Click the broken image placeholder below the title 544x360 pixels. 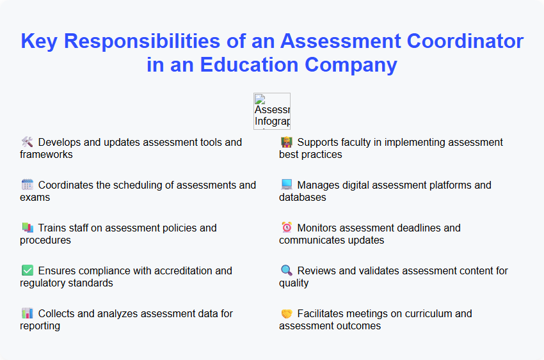pos(271,111)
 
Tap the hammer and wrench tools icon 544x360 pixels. pos(27,142)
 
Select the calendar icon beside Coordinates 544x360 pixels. pos(27,185)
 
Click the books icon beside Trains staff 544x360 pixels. pos(27,228)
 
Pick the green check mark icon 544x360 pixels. pos(27,270)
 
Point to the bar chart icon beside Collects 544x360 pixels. pos(27,313)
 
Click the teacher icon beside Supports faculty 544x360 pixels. pos(286,142)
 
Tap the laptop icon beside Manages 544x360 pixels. pos(286,185)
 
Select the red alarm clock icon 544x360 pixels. pos(286,228)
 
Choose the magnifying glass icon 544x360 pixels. pos(286,270)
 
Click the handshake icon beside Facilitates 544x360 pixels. pos(286,313)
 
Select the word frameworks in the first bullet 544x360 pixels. pos(46,154)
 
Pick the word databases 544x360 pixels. pos(303,197)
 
